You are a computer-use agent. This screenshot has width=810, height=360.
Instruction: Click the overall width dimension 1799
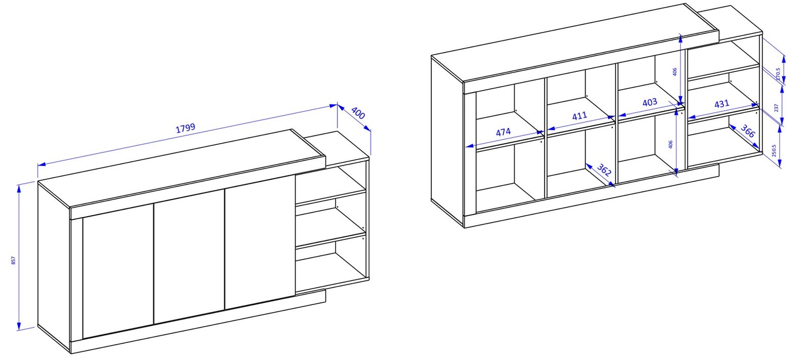point(185,128)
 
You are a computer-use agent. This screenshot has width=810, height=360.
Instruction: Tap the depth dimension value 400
point(358,113)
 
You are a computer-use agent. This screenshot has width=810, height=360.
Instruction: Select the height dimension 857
point(13,260)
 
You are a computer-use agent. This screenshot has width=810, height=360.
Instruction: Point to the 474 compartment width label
point(503,132)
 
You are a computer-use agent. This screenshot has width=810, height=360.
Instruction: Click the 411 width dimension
point(579,116)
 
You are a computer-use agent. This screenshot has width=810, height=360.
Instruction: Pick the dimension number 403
point(650,102)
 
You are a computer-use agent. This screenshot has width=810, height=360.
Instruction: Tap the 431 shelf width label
point(721,104)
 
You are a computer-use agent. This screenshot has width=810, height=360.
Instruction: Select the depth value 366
point(748,131)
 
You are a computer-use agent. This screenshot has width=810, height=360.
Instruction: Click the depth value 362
point(603,170)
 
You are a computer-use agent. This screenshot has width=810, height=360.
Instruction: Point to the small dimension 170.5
point(778,74)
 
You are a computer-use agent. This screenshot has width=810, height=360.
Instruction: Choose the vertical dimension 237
point(777,108)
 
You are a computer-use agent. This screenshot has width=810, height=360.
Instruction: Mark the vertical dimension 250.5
point(774,150)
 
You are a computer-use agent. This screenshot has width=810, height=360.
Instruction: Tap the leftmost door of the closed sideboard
point(118,271)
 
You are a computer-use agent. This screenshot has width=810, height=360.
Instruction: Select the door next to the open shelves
point(260,242)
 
